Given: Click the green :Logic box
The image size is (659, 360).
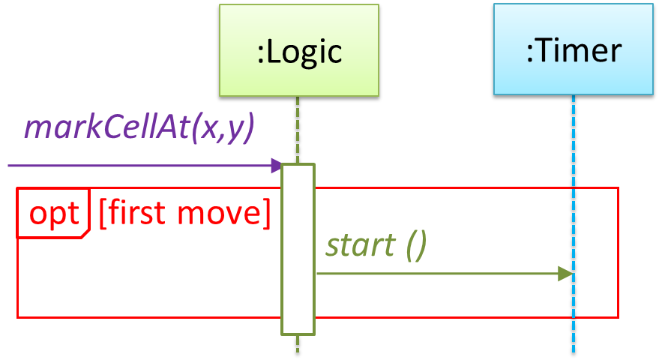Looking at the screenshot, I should pos(298,50).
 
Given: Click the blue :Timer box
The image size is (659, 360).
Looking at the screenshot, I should pos(573,50).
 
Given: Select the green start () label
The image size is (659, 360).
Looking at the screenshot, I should pos(376,245).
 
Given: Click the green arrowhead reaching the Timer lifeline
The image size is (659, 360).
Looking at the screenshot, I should pos(565,274).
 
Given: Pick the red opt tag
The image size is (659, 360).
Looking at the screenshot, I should pos(53,214).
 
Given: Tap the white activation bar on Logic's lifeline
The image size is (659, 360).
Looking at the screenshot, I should pos(298,248).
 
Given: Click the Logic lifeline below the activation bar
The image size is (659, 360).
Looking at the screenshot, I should pos(298,346).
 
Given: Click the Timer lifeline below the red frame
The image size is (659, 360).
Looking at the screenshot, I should pos(573,339).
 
